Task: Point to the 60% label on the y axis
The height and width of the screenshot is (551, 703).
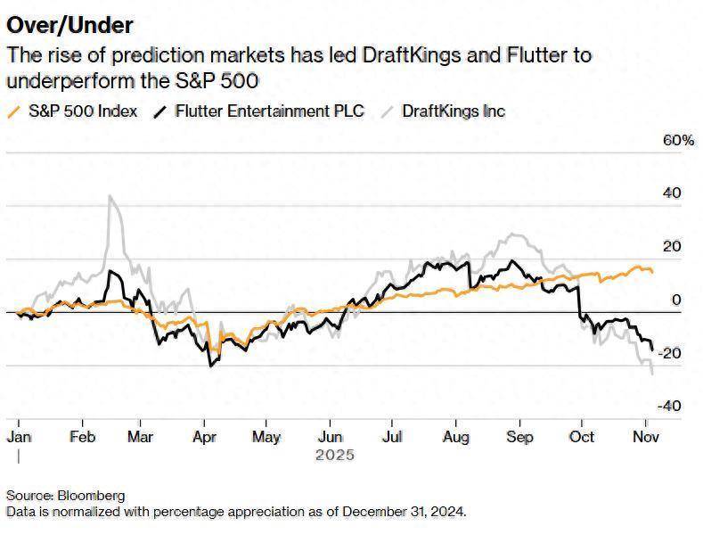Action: click(676, 141)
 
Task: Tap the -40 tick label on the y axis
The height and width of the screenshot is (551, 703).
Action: click(669, 406)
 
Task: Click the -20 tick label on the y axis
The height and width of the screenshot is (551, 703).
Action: click(669, 353)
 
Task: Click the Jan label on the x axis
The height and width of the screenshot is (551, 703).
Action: click(19, 437)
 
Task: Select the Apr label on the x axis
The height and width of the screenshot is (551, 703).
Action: click(204, 437)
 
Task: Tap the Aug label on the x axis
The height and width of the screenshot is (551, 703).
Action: click(455, 437)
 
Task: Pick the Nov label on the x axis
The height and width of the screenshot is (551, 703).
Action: click(645, 437)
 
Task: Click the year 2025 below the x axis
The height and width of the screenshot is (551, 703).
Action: click(334, 455)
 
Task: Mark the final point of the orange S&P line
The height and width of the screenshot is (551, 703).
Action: click(652, 271)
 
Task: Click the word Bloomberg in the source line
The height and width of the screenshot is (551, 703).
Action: click(93, 495)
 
